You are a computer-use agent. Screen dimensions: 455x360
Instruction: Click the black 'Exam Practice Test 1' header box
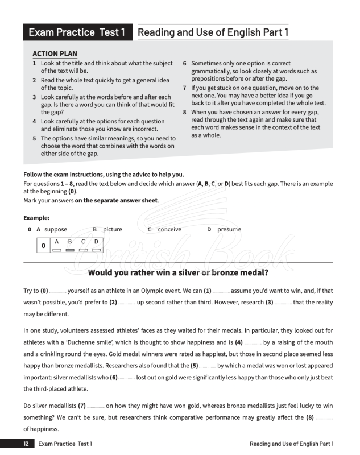click(77, 32)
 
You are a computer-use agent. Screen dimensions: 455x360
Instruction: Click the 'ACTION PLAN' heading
click(53, 54)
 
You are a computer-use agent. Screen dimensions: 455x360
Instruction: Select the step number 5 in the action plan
click(35, 138)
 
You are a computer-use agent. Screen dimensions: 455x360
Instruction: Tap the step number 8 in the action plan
click(185, 112)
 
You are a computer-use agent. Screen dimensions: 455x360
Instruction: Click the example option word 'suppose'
click(56, 229)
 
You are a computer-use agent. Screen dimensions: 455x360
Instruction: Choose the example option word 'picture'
click(113, 229)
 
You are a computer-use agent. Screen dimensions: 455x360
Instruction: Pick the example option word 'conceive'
click(169, 229)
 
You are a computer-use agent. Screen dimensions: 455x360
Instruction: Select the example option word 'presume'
click(229, 229)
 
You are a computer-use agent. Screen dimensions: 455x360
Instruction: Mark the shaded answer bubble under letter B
click(70, 250)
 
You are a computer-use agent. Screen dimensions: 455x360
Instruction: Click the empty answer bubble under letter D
click(96, 250)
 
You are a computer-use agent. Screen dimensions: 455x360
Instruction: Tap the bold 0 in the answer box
click(43, 246)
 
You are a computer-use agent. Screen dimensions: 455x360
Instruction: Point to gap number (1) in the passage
click(208, 291)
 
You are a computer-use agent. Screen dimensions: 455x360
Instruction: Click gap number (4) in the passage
click(239, 342)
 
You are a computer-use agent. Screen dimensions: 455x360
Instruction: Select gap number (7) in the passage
click(82, 406)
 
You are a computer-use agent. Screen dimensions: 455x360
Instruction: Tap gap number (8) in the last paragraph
click(310, 417)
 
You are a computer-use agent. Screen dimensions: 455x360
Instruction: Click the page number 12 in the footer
click(26, 444)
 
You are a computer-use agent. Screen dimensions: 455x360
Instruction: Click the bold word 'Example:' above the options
click(36, 218)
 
